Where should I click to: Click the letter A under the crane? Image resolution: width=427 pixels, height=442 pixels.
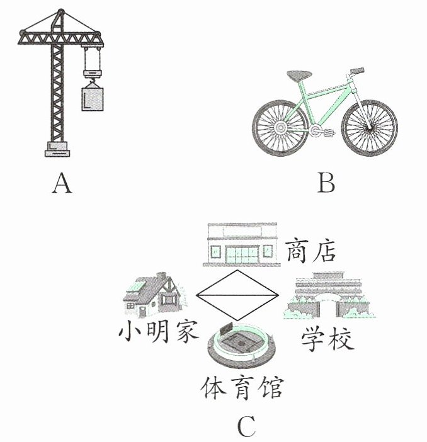(x=62, y=183)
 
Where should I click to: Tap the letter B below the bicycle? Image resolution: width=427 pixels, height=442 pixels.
(x=326, y=183)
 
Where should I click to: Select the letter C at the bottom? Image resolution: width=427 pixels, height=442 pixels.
(x=247, y=426)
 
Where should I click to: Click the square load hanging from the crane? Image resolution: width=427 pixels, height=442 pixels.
(x=93, y=99)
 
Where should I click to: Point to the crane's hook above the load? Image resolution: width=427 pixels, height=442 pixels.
(x=92, y=82)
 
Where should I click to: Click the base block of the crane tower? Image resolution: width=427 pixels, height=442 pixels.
(x=57, y=149)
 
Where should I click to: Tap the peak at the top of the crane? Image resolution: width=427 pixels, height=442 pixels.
(x=60, y=12)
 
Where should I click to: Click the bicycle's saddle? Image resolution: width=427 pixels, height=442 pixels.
(x=299, y=76)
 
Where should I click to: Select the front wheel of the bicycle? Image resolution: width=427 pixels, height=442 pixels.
(x=370, y=128)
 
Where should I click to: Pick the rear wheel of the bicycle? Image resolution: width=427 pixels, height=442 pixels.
(x=280, y=128)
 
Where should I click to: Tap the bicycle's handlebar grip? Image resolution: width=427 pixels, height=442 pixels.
(x=357, y=71)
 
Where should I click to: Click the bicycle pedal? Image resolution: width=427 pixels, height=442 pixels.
(x=329, y=132)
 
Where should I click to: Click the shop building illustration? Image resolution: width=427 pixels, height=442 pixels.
(x=242, y=244)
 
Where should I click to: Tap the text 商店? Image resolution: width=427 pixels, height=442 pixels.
(x=310, y=251)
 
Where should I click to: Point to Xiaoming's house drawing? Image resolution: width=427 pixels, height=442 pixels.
(x=154, y=295)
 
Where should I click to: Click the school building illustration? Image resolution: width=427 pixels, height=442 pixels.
(x=329, y=295)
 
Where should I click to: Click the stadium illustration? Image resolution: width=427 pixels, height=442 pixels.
(x=242, y=345)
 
